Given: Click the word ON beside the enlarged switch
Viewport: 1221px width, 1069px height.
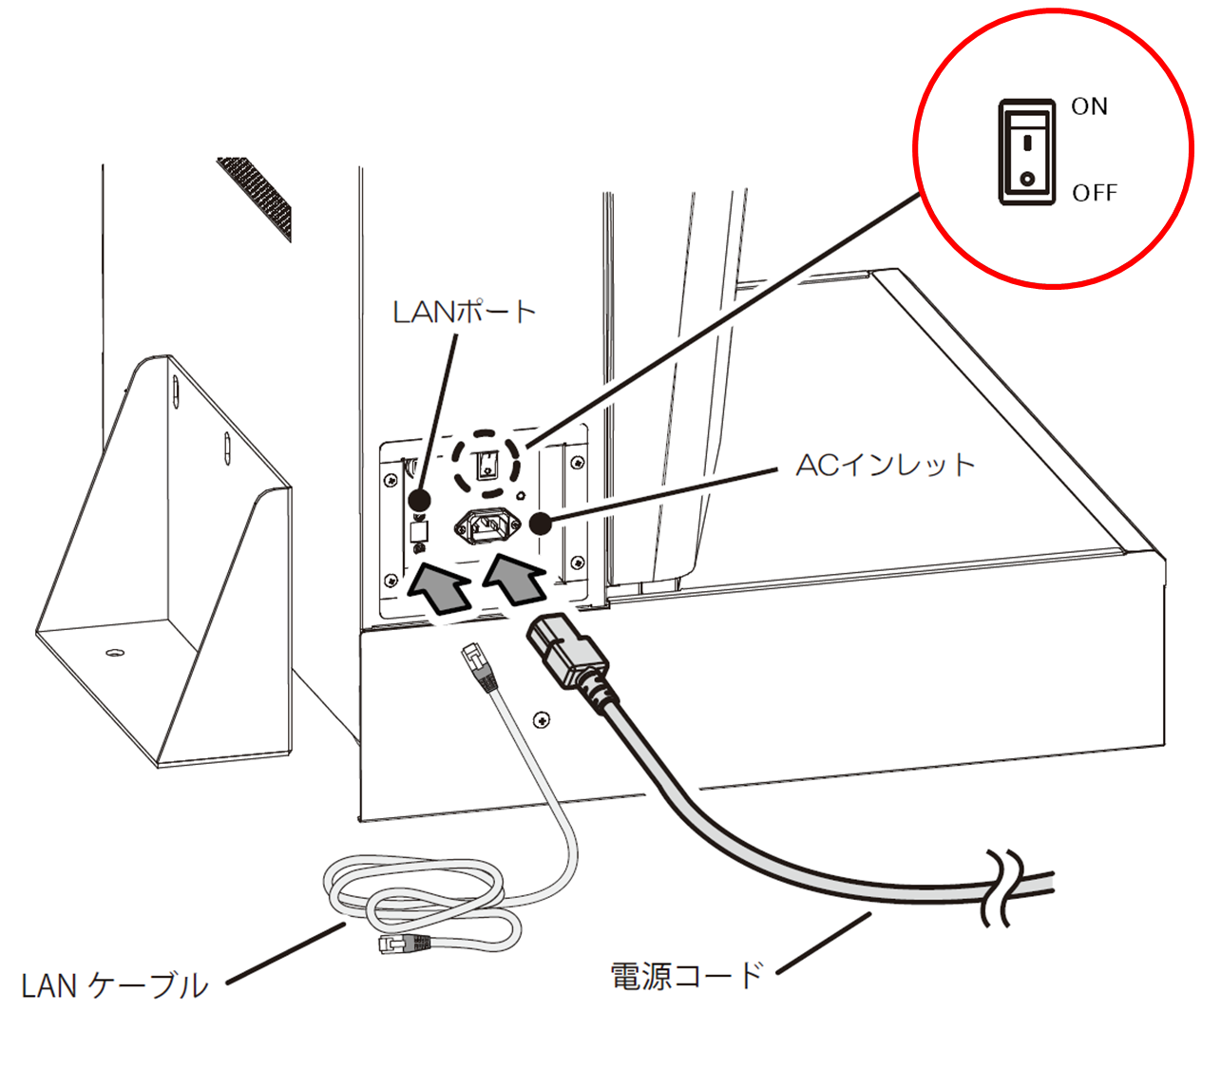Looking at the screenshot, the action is point(1089,106).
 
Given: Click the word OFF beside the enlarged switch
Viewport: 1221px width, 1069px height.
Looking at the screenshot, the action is point(1095,193).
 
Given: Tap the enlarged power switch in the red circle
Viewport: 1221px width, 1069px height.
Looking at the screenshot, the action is point(1026,152).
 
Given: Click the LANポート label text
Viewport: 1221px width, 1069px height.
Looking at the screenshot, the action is point(465,312).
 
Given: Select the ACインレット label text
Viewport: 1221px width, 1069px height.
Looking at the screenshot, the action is point(886,465).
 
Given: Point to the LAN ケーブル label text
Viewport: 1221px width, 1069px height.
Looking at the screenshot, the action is point(115,985).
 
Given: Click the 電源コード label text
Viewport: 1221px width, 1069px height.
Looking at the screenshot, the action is point(686,975).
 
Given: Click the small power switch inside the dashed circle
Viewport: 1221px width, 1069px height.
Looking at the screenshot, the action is point(486,465).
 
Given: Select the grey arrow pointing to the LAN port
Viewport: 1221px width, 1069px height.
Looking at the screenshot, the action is point(439,587).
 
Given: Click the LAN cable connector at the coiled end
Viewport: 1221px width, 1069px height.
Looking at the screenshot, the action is point(404,943).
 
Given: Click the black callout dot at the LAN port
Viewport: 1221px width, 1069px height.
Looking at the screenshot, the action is point(420,499).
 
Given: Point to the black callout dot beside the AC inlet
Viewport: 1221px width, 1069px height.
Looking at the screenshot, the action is point(541,525).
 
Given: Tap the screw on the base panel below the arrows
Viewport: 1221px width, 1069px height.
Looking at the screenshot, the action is point(542,721).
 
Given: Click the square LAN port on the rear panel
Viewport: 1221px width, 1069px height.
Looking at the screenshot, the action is point(420,530).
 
